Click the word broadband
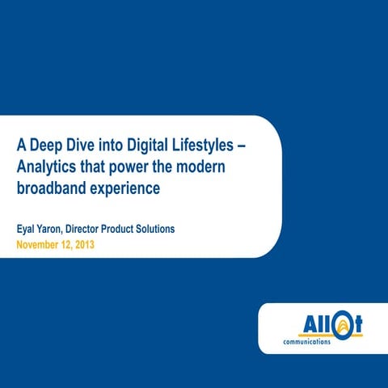pos(51,188)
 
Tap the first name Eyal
pos(27,230)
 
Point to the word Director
pos(96,230)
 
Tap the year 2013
pos(95,244)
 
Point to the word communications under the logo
pos(307,341)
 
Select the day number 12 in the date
pos(74,244)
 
